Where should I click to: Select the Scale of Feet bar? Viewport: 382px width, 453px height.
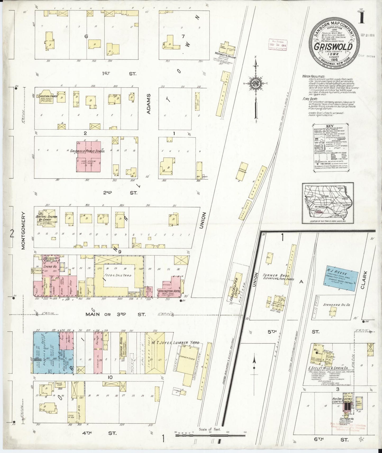click(210, 433)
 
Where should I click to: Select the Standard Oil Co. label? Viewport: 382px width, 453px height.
click(337, 305)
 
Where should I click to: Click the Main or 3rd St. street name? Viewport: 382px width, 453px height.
click(115, 314)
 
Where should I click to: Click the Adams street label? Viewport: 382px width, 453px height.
click(149, 104)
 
